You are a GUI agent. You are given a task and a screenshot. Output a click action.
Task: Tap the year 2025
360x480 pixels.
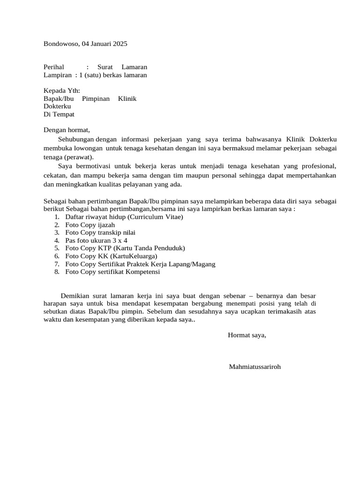click(x=120, y=44)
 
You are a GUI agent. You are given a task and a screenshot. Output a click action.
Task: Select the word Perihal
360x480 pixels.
click(x=54, y=67)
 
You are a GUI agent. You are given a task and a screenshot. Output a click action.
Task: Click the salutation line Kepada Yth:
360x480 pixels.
click(x=62, y=90)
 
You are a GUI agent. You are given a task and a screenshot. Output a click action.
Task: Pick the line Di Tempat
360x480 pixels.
click(x=59, y=114)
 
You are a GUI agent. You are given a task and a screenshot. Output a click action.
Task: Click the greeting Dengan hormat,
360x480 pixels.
click(x=66, y=130)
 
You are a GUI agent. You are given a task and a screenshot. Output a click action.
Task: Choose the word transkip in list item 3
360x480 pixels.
click(x=109, y=232)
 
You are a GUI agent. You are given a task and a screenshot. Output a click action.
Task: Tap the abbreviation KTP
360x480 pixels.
click(x=104, y=248)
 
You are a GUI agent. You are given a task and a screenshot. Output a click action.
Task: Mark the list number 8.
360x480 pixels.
click(x=56, y=271)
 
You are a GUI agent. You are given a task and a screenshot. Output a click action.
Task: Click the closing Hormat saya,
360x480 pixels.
click(x=247, y=335)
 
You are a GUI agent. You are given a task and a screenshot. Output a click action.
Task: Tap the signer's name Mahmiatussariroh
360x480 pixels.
click(x=255, y=366)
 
